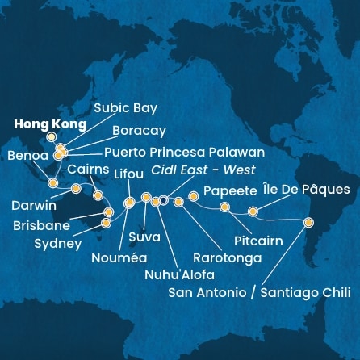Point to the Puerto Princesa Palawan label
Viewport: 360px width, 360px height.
coord(174,151)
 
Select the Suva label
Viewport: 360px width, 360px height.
coord(145,239)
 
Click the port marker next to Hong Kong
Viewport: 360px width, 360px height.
coord(52,137)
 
